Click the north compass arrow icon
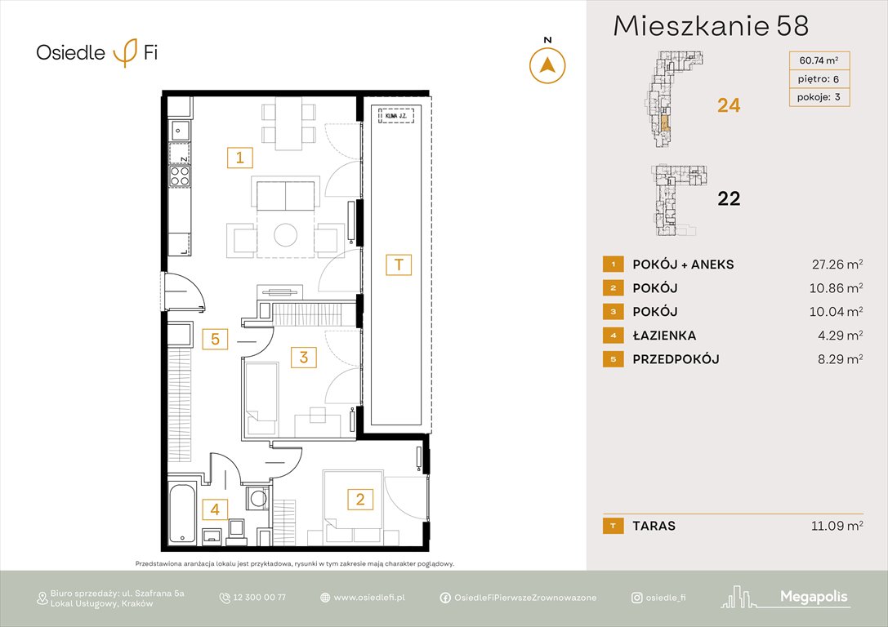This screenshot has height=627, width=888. pyautogui.click(x=547, y=65)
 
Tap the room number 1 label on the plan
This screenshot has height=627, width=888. pyautogui.click(x=239, y=157)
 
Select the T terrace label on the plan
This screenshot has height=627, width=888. pyautogui.click(x=399, y=265)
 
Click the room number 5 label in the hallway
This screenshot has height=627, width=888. pyautogui.click(x=215, y=338)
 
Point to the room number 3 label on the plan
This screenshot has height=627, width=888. pyautogui.click(x=303, y=357)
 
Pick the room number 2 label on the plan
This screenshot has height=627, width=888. pyautogui.click(x=356, y=498)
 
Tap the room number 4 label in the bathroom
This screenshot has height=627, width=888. pyautogui.click(x=215, y=510)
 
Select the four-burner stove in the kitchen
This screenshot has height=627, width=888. pyautogui.click(x=180, y=177)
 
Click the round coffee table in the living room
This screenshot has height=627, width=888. pyautogui.click(x=286, y=235)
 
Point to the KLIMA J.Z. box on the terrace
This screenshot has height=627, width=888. pyautogui.click(x=396, y=116)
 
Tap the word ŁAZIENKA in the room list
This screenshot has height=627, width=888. pyautogui.click(x=664, y=336)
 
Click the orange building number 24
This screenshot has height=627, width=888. pyautogui.click(x=728, y=105)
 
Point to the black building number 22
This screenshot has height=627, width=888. pyautogui.click(x=728, y=198)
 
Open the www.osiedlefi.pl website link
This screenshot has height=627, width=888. pyautogui.click(x=369, y=598)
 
